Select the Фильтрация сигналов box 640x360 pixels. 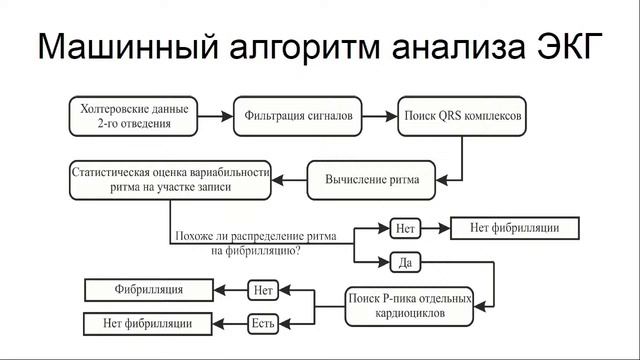[x=298, y=117]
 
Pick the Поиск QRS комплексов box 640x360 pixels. [x=462, y=117]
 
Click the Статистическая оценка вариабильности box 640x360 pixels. [x=171, y=179]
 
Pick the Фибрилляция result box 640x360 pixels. [x=149, y=290]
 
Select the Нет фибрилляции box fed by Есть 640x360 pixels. [x=149, y=322]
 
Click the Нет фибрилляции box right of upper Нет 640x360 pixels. [x=515, y=228]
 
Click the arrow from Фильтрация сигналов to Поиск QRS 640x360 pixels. [x=381, y=117]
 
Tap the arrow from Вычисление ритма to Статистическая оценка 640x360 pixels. [x=290, y=180]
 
